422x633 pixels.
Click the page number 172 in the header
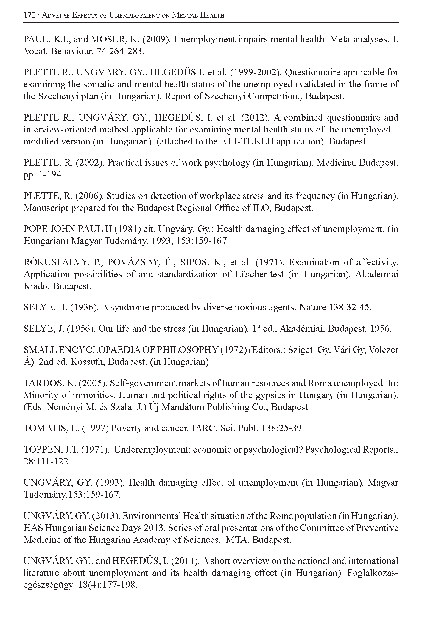point(29,15)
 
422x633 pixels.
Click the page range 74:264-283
point(120,51)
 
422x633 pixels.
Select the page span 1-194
point(50,174)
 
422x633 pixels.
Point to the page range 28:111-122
point(47,462)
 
